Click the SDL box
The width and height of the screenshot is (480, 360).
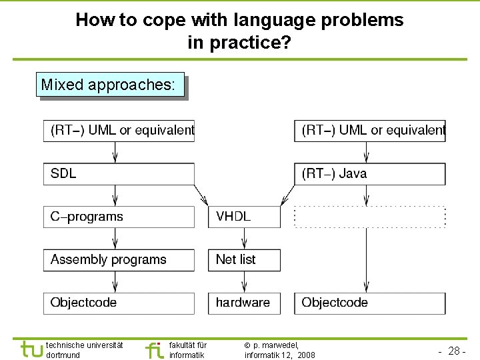[119, 174]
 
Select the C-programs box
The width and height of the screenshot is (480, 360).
[119, 217]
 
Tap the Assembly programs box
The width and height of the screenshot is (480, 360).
[119, 260]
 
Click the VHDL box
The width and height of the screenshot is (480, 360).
[244, 217]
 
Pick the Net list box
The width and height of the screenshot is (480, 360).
[244, 260]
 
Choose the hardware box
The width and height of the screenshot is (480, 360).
[244, 303]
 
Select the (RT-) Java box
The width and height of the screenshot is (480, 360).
[369, 174]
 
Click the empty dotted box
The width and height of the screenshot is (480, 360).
[369, 217]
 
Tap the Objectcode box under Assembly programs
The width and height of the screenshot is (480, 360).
[119, 303]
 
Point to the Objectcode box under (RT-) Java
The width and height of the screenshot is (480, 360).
[369, 303]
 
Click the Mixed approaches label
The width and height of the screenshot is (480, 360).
[109, 85]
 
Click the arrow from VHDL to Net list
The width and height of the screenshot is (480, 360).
[244, 239]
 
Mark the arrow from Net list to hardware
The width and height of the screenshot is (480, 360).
[244, 282]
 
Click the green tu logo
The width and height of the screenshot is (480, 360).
[31, 349]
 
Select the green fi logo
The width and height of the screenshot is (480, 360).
[154, 349]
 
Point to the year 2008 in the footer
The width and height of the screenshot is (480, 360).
[307, 355]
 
